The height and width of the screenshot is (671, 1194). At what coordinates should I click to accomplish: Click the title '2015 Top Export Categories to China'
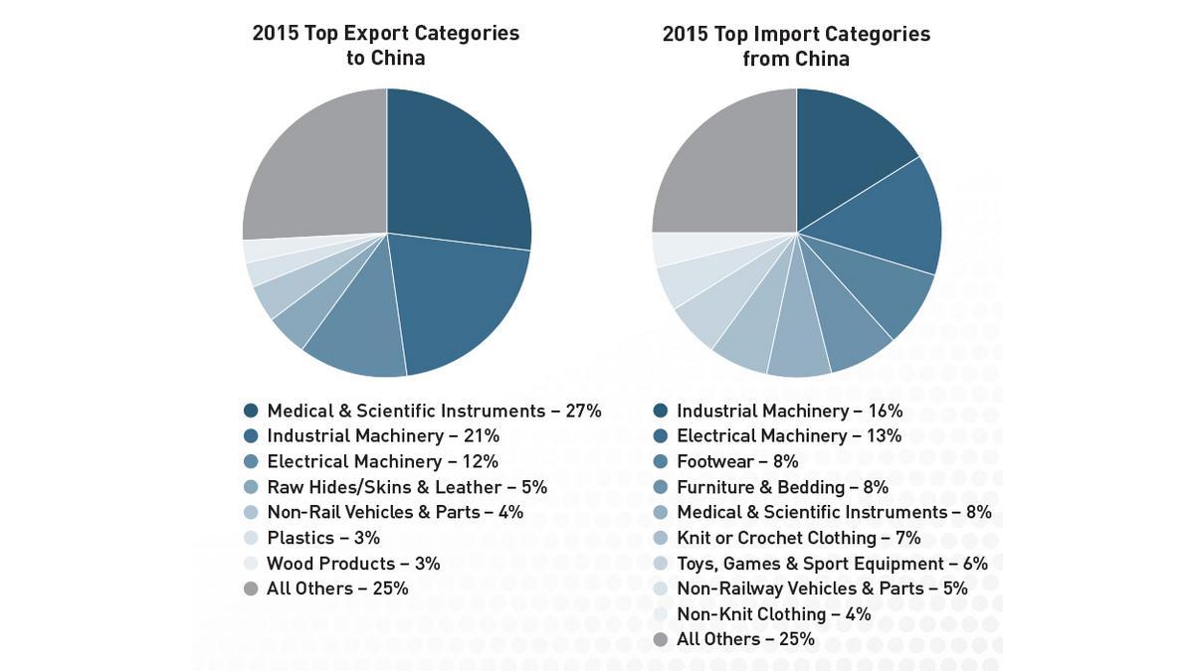click(x=386, y=46)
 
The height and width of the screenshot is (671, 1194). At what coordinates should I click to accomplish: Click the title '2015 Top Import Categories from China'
click(x=796, y=46)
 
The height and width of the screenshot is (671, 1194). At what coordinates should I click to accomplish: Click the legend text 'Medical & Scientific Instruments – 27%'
click(x=434, y=411)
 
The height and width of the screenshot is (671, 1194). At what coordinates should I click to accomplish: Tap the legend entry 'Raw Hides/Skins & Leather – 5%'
click(x=392, y=487)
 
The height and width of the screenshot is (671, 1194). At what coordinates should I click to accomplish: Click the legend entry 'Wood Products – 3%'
click(x=353, y=564)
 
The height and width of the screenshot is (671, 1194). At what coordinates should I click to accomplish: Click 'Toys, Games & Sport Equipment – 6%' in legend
click(x=832, y=564)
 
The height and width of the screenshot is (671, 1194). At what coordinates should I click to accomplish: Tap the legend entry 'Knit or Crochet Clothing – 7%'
click(x=798, y=538)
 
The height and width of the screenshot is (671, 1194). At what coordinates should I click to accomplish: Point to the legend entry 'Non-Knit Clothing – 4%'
click(x=773, y=614)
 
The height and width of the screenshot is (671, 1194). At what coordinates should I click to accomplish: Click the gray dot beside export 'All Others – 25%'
click(x=251, y=588)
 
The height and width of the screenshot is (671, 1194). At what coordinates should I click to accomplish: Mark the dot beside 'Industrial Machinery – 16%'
click(x=661, y=411)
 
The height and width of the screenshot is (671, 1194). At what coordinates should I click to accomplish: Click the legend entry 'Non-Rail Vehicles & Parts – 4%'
click(x=395, y=513)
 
